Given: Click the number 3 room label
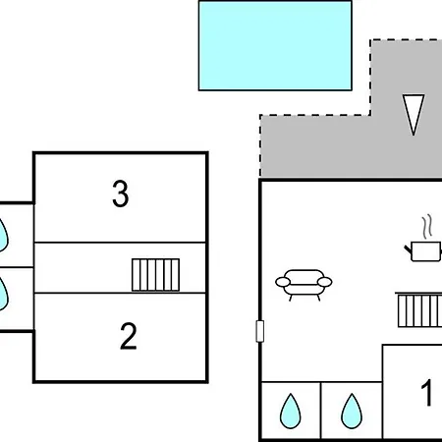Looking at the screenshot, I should [120, 194].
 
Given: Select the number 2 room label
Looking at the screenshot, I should [128, 337].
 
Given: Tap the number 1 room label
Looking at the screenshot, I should [427, 394].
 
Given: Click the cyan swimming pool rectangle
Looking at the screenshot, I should [275, 45].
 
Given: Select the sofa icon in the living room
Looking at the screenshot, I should [304, 285].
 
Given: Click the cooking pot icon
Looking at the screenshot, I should [424, 251].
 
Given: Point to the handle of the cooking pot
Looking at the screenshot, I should [408, 250].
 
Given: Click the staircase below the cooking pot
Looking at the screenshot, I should [417, 309].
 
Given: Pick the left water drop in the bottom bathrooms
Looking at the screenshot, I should [290, 411].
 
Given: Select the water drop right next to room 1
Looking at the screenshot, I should [351, 411].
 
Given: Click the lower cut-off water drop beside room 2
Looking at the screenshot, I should [4, 292].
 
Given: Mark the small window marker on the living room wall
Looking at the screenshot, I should [260, 331].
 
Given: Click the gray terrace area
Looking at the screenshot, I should [324, 147].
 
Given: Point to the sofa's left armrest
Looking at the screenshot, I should [282, 282].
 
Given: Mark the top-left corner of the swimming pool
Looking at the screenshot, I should [200, 2].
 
